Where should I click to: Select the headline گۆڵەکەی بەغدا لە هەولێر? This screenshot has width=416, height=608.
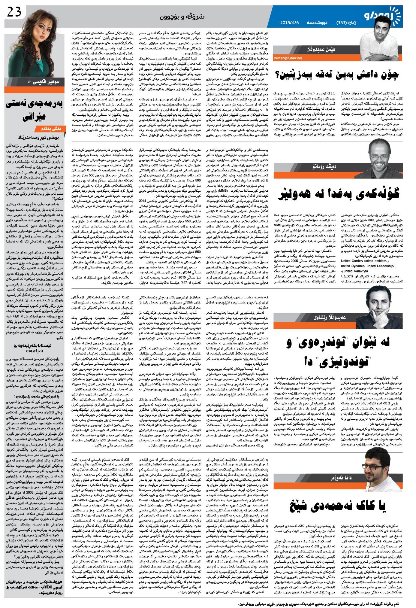(x=339, y=194)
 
